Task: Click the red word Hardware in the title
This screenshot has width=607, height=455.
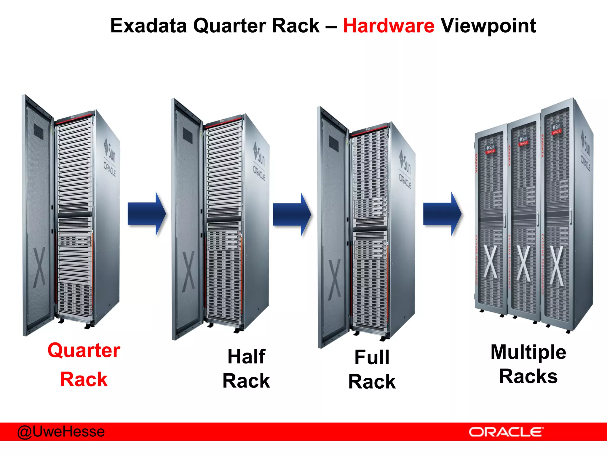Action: tap(389, 26)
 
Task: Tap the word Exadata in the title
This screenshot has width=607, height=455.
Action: tap(148, 26)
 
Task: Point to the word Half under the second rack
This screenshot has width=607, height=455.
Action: tap(246, 356)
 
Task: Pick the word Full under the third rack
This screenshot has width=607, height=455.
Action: tap(372, 357)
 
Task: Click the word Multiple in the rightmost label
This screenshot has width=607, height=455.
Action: tap(528, 352)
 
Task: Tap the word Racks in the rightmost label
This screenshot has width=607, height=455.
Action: tap(528, 377)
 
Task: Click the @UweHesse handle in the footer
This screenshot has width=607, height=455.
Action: tap(61, 432)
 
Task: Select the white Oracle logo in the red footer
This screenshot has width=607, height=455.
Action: tap(506, 432)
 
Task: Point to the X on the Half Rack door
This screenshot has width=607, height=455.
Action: tap(188, 271)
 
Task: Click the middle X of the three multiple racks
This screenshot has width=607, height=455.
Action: tap(524, 263)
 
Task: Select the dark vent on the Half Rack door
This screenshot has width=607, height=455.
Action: tap(187, 135)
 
